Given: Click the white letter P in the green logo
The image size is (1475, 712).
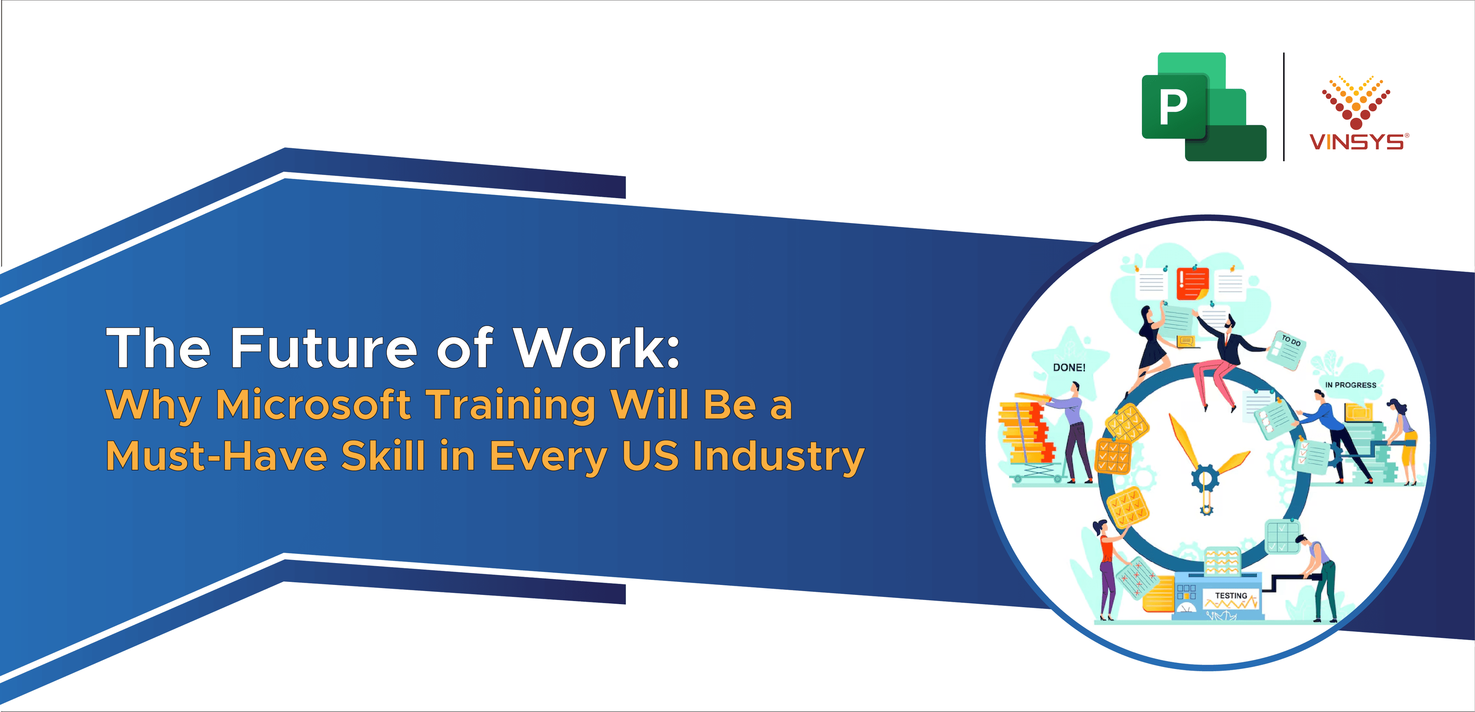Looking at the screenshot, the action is point(1173,107).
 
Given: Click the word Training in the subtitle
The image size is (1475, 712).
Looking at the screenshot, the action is point(512,405).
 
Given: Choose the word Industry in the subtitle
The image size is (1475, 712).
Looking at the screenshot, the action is point(779,457).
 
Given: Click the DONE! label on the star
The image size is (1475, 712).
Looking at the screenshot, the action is point(1069,367).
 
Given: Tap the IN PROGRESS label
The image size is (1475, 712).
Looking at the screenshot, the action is point(1351,385).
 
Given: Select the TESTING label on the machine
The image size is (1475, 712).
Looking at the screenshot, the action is point(1231,595).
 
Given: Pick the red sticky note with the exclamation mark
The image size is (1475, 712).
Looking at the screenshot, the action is point(1192,283).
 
